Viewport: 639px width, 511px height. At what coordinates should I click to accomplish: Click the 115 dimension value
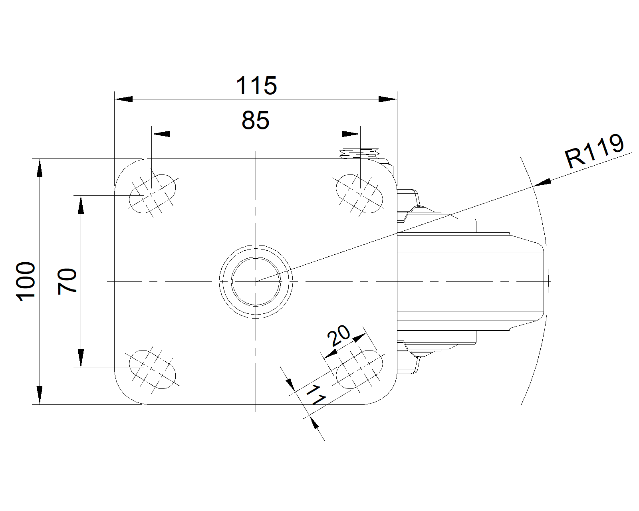pos(256,85)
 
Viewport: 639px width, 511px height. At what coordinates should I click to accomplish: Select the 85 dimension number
pos(255,120)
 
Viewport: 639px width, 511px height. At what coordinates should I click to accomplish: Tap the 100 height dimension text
pos(26,281)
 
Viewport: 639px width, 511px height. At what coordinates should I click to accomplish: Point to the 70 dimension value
pos(67,281)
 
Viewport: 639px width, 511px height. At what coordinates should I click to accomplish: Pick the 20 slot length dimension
pos(339,336)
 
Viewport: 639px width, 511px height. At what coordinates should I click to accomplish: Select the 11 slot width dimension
pos(316,395)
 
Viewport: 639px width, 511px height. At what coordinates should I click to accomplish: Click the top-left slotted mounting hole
pos(153,194)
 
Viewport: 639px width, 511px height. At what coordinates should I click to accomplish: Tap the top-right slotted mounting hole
pos(359,194)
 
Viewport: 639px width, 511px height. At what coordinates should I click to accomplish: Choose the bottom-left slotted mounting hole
pos(153,369)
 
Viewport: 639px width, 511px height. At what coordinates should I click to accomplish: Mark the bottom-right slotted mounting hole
pos(359,369)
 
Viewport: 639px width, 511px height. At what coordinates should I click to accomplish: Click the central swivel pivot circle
pos(256,281)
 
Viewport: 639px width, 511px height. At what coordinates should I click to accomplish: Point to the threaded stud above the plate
pos(359,153)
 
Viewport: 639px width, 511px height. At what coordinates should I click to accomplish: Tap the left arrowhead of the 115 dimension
pos(123,99)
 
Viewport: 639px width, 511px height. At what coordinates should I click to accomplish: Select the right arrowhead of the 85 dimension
pos(351,134)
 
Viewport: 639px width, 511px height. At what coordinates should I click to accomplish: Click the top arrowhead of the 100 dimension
pos(40,168)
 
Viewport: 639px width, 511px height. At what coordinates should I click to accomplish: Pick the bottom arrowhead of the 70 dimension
pos(81,358)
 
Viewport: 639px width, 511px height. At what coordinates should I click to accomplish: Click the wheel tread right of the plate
pos(470,281)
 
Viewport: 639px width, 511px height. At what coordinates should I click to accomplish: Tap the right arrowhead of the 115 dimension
pos(388,99)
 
